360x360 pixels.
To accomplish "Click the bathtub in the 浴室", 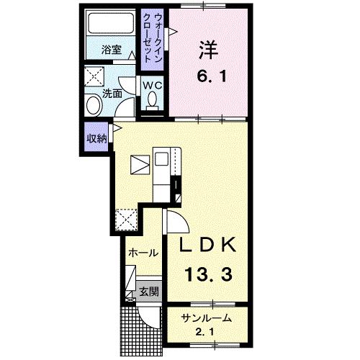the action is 111,23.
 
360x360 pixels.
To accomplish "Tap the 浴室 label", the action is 112,50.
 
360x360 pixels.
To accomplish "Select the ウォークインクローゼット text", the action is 152,38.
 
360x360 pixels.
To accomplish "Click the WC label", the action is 153,85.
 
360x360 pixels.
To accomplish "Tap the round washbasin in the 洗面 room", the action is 94,104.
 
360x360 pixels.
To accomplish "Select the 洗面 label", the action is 112,94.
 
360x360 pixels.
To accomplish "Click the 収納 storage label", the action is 96,138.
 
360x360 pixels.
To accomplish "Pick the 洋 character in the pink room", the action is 208,50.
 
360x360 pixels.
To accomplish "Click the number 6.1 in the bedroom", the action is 212,77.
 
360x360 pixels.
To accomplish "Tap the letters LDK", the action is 207,244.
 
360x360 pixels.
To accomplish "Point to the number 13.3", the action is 208,274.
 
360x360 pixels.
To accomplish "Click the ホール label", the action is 143,253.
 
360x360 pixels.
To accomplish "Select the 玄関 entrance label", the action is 149,292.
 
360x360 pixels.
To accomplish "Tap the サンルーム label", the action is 207,318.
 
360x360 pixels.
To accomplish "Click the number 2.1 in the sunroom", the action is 204,333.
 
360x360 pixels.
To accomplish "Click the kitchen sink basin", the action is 161,159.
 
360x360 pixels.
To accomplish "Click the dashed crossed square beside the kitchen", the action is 126,220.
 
